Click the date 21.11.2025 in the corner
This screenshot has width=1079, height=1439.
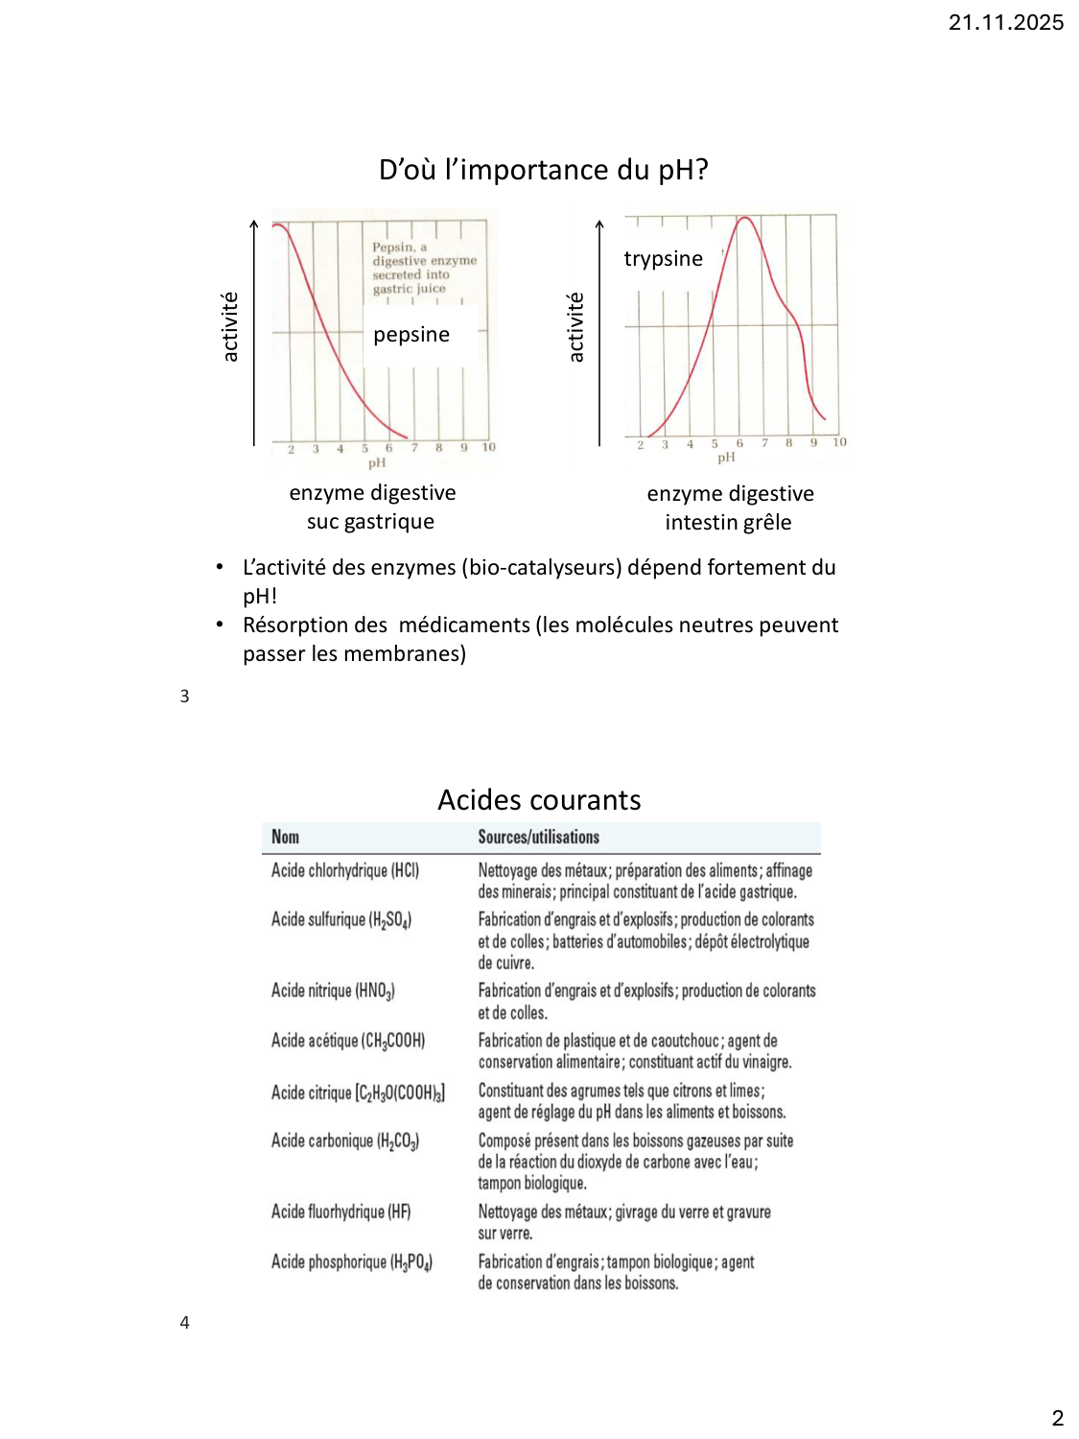(x=1005, y=23)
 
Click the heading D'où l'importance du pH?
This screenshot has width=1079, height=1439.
(x=543, y=170)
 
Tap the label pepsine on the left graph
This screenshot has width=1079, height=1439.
(x=411, y=335)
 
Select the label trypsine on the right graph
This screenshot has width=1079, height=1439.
(x=663, y=259)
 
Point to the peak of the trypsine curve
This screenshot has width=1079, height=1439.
(x=745, y=219)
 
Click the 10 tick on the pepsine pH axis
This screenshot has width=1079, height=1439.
(x=488, y=447)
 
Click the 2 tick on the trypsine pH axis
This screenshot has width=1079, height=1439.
(x=641, y=443)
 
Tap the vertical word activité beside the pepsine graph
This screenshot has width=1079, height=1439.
(x=230, y=327)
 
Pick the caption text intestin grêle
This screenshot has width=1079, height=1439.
(x=728, y=523)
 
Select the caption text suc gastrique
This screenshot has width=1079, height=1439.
(x=370, y=522)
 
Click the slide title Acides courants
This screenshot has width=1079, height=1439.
(x=539, y=800)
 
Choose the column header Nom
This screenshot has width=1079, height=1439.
(x=285, y=837)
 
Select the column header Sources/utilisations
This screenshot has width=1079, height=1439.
(x=538, y=837)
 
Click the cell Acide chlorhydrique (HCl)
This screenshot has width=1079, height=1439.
(x=344, y=870)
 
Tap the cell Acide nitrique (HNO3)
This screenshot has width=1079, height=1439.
(x=333, y=991)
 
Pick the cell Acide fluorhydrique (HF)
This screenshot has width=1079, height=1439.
(x=340, y=1212)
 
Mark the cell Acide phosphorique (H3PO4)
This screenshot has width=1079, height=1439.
(x=351, y=1262)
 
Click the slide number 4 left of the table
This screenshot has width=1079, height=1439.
(x=184, y=1323)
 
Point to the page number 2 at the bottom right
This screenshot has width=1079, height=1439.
(x=1057, y=1418)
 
